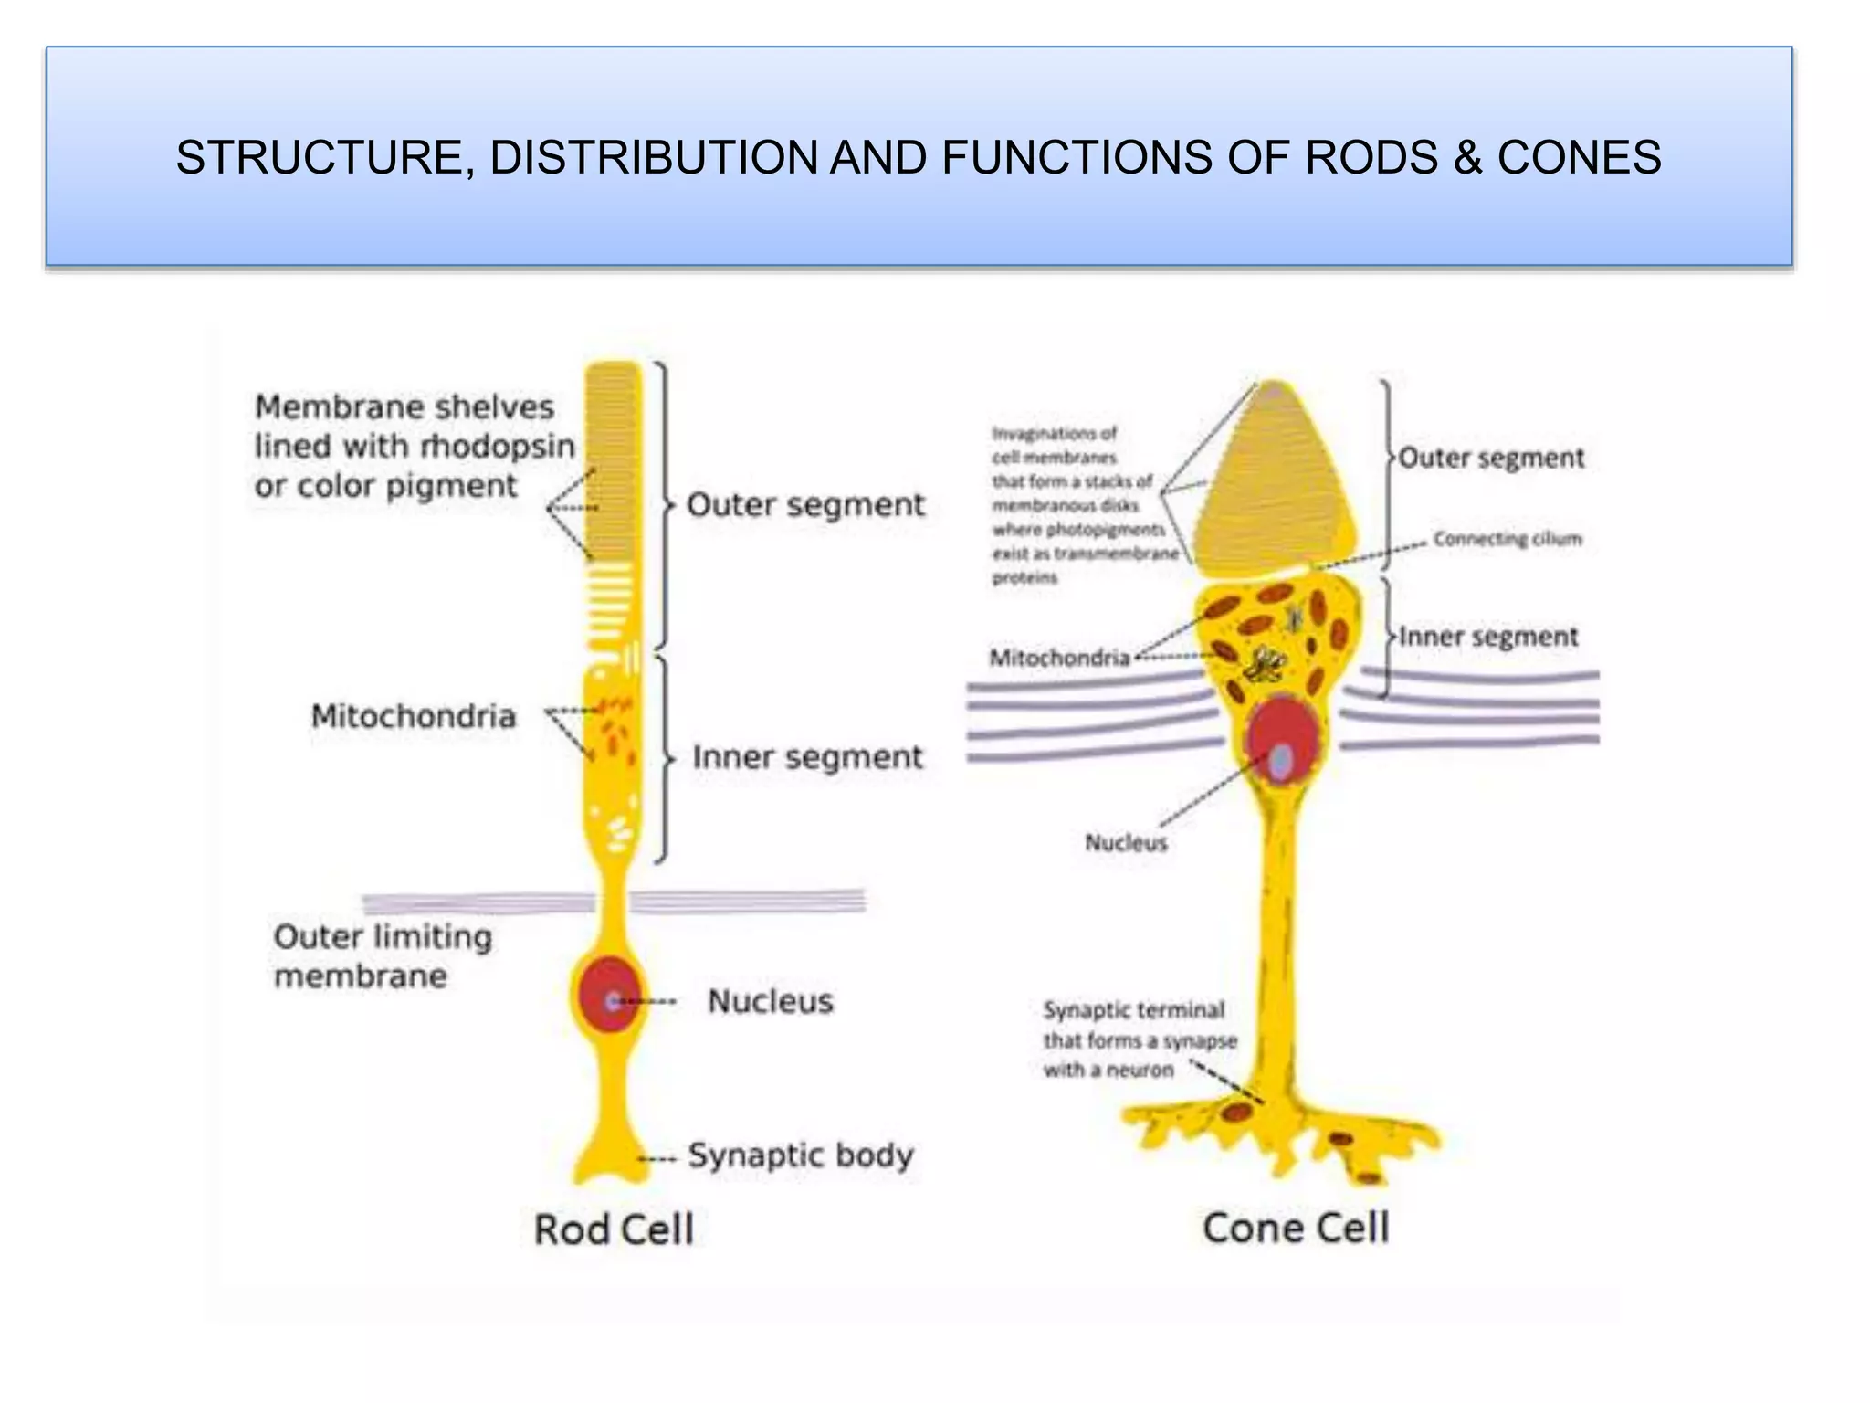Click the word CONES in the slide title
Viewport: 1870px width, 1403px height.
tap(1579, 157)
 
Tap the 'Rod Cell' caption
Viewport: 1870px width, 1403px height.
tap(614, 1229)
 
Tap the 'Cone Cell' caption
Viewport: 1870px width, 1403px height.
tap(1296, 1228)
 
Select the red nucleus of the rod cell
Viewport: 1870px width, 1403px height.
tap(606, 995)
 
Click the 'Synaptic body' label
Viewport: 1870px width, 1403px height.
tap(800, 1155)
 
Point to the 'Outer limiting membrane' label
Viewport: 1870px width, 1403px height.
tap(382, 955)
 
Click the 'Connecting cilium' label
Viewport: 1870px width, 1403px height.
tap(1507, 539)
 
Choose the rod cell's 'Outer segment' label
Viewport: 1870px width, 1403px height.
tap(805, 505)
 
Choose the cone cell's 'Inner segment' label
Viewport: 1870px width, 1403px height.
tap(1488, 637)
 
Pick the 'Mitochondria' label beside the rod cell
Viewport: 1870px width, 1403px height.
tap(414, 716)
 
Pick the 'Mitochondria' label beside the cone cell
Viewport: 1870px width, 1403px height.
tap(1059, 658)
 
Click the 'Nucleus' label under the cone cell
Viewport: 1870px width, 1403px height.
tap(1126, 842)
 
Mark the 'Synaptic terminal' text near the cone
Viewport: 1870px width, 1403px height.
tap(1133, 1010)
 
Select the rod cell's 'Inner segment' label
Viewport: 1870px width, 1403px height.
tap(807, 757)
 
